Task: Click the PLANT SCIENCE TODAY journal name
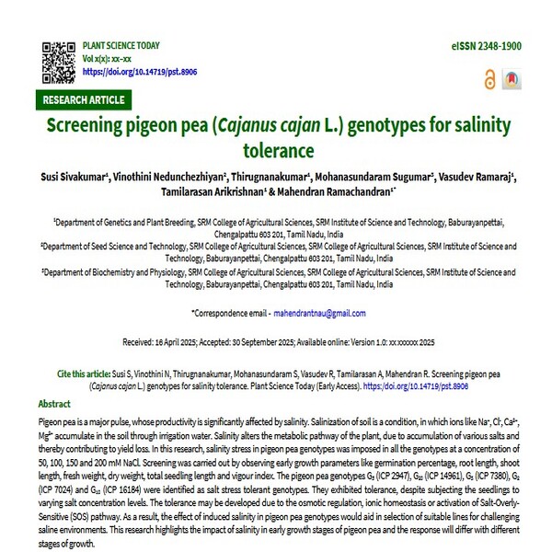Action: point(121,45)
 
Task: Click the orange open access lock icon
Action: point(489,81)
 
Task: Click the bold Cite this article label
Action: point(90,375)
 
